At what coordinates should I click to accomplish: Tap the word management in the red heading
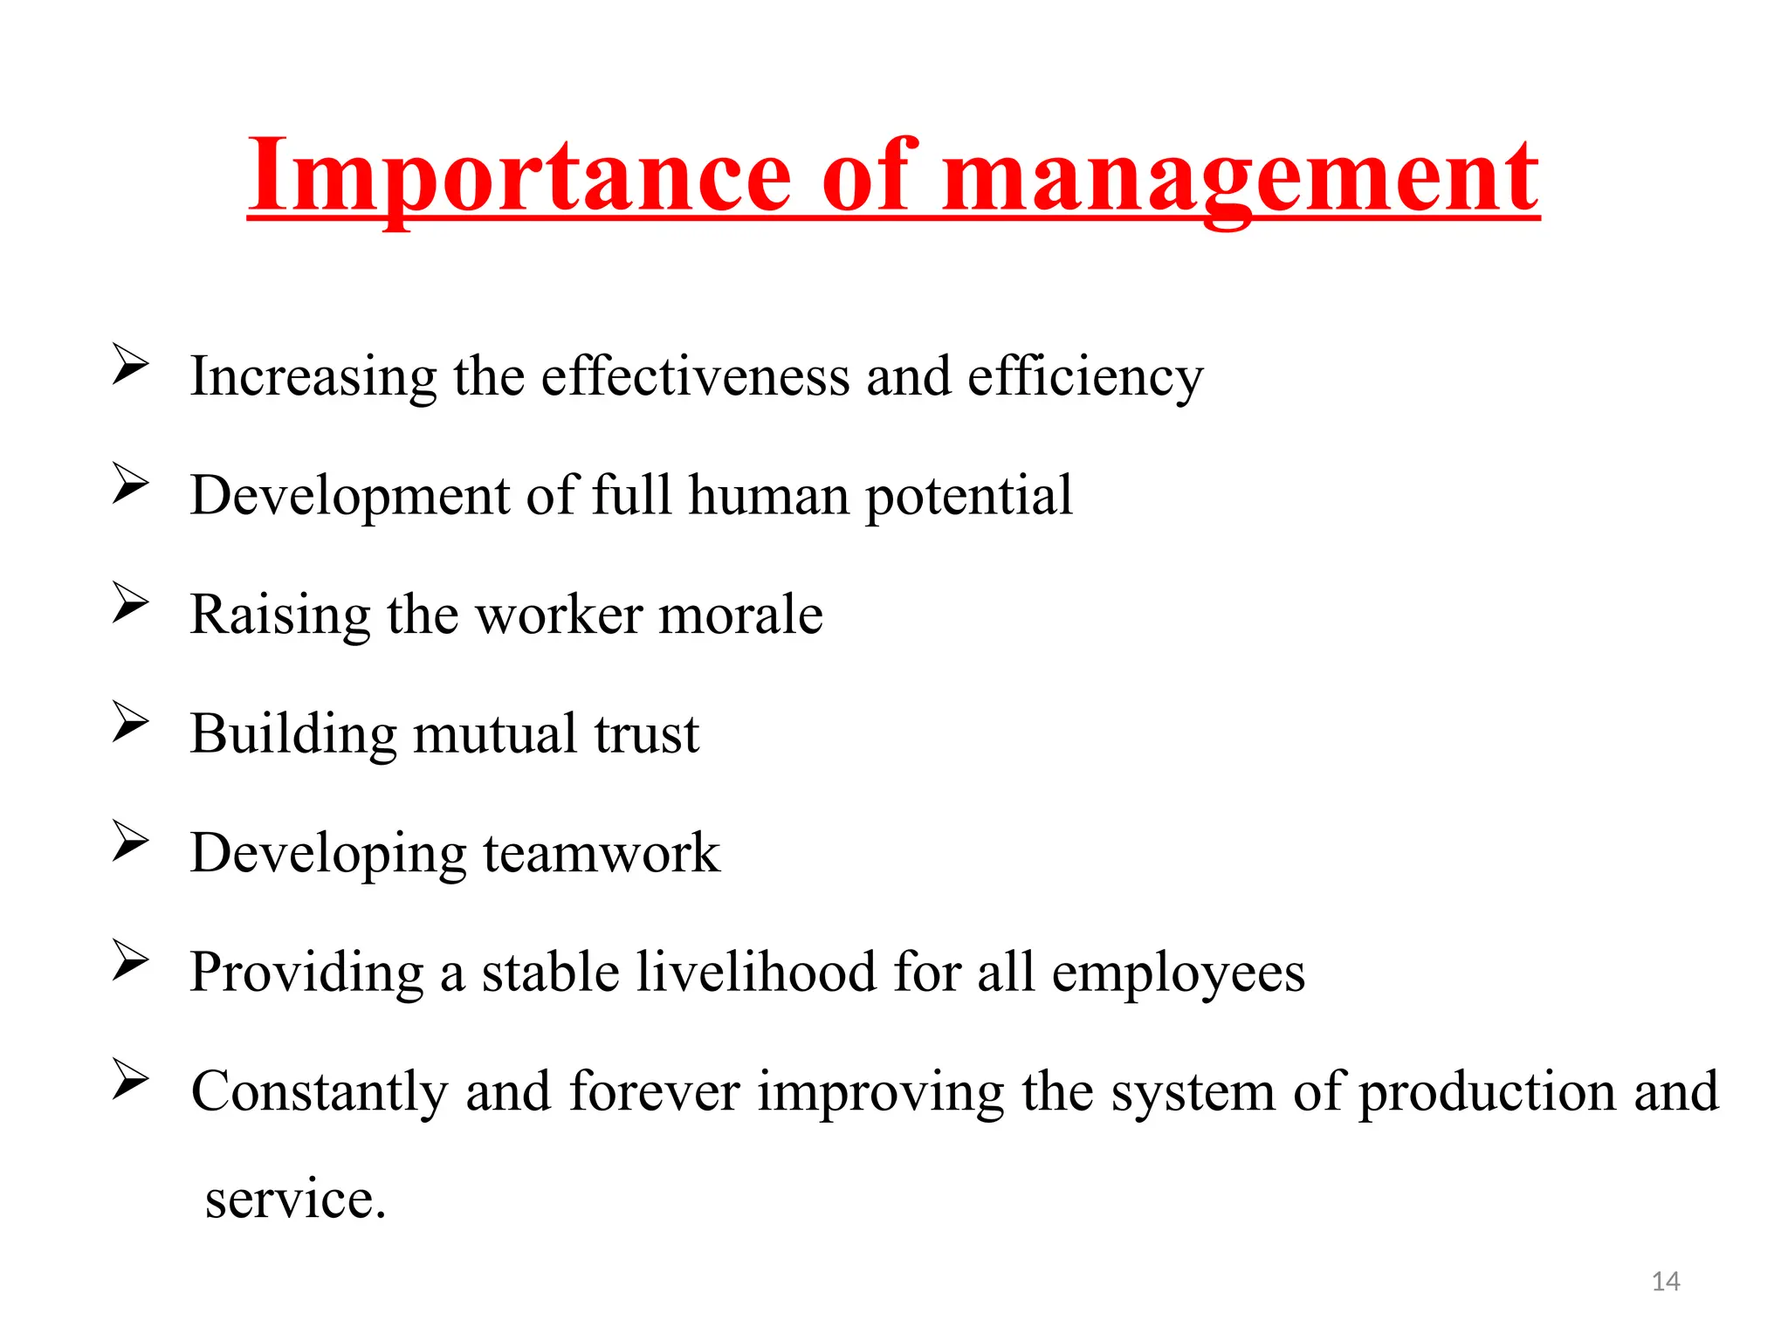point(1241,179)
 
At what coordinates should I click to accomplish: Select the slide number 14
point(1666,1282)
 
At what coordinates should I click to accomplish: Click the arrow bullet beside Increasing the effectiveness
point(130,364)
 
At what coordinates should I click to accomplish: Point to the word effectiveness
point(695,377)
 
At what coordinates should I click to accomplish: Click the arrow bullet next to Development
point(130,483)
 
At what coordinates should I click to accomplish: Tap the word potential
point(968,497)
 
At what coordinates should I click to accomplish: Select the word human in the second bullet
point(768,495)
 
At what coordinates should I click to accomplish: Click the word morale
point(740,615)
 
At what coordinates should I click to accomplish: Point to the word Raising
point(280,616)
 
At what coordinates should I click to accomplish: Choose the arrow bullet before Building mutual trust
point(130,721)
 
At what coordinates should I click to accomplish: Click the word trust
point(646,733)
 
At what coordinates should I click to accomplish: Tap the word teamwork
point(602,853)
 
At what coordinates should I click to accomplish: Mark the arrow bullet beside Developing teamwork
point(130,841)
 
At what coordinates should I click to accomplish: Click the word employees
point(1178,974)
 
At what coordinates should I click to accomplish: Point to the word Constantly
point(320,1092)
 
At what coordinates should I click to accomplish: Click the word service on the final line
point(295,1200)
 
